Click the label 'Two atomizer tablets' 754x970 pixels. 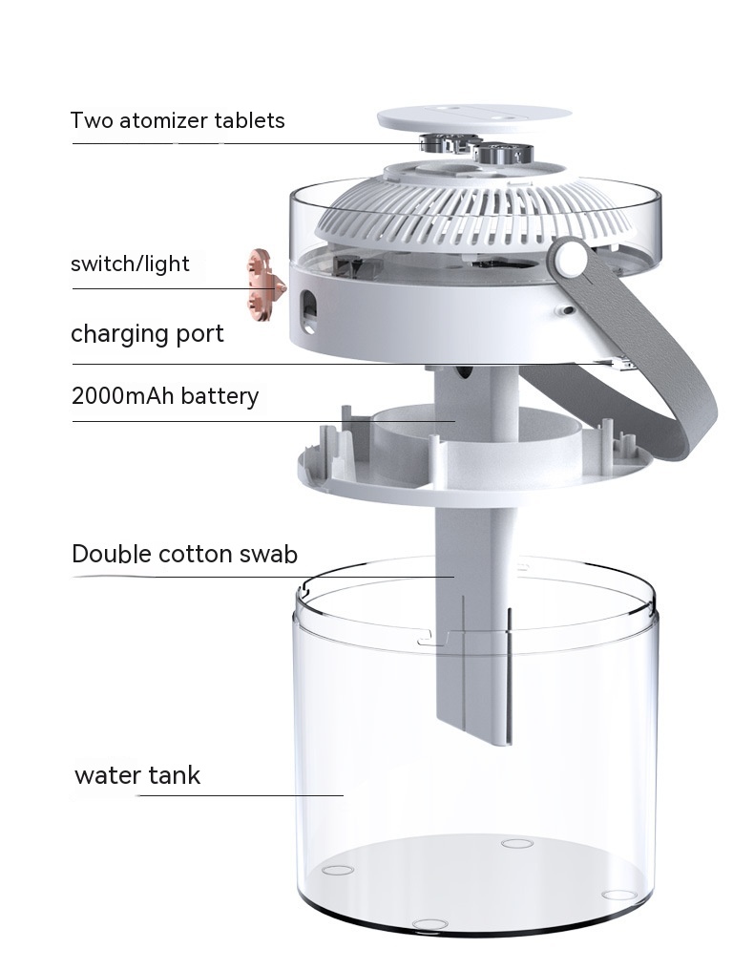pos(178,120)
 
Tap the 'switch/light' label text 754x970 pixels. pos(130,264)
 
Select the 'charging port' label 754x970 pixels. pos(147,333)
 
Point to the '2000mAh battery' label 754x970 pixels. pos(165,396)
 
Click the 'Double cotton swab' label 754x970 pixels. pos(184,554)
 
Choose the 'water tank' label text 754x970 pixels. pos(137,775)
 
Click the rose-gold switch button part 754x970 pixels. pos(265,285)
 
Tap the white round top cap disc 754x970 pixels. pos(474,117)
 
